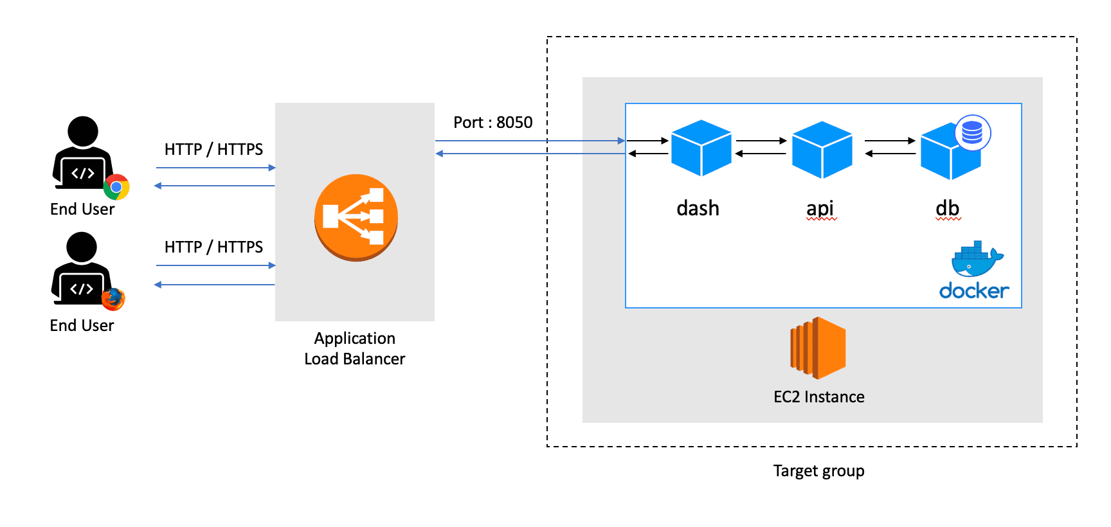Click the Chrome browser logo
116,187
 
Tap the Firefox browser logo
113,299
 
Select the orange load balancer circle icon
356,217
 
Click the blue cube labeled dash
701,148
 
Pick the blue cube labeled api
822,150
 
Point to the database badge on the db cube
973,132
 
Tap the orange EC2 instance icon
818,348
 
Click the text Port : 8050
493,122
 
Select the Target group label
818,471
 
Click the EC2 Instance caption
819,397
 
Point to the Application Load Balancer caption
355,348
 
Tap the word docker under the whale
974,290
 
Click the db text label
948,208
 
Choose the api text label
820,209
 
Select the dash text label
698,208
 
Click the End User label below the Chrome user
82,210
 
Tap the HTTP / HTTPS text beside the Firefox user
214,247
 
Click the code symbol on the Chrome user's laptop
83,174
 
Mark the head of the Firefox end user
82,247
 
